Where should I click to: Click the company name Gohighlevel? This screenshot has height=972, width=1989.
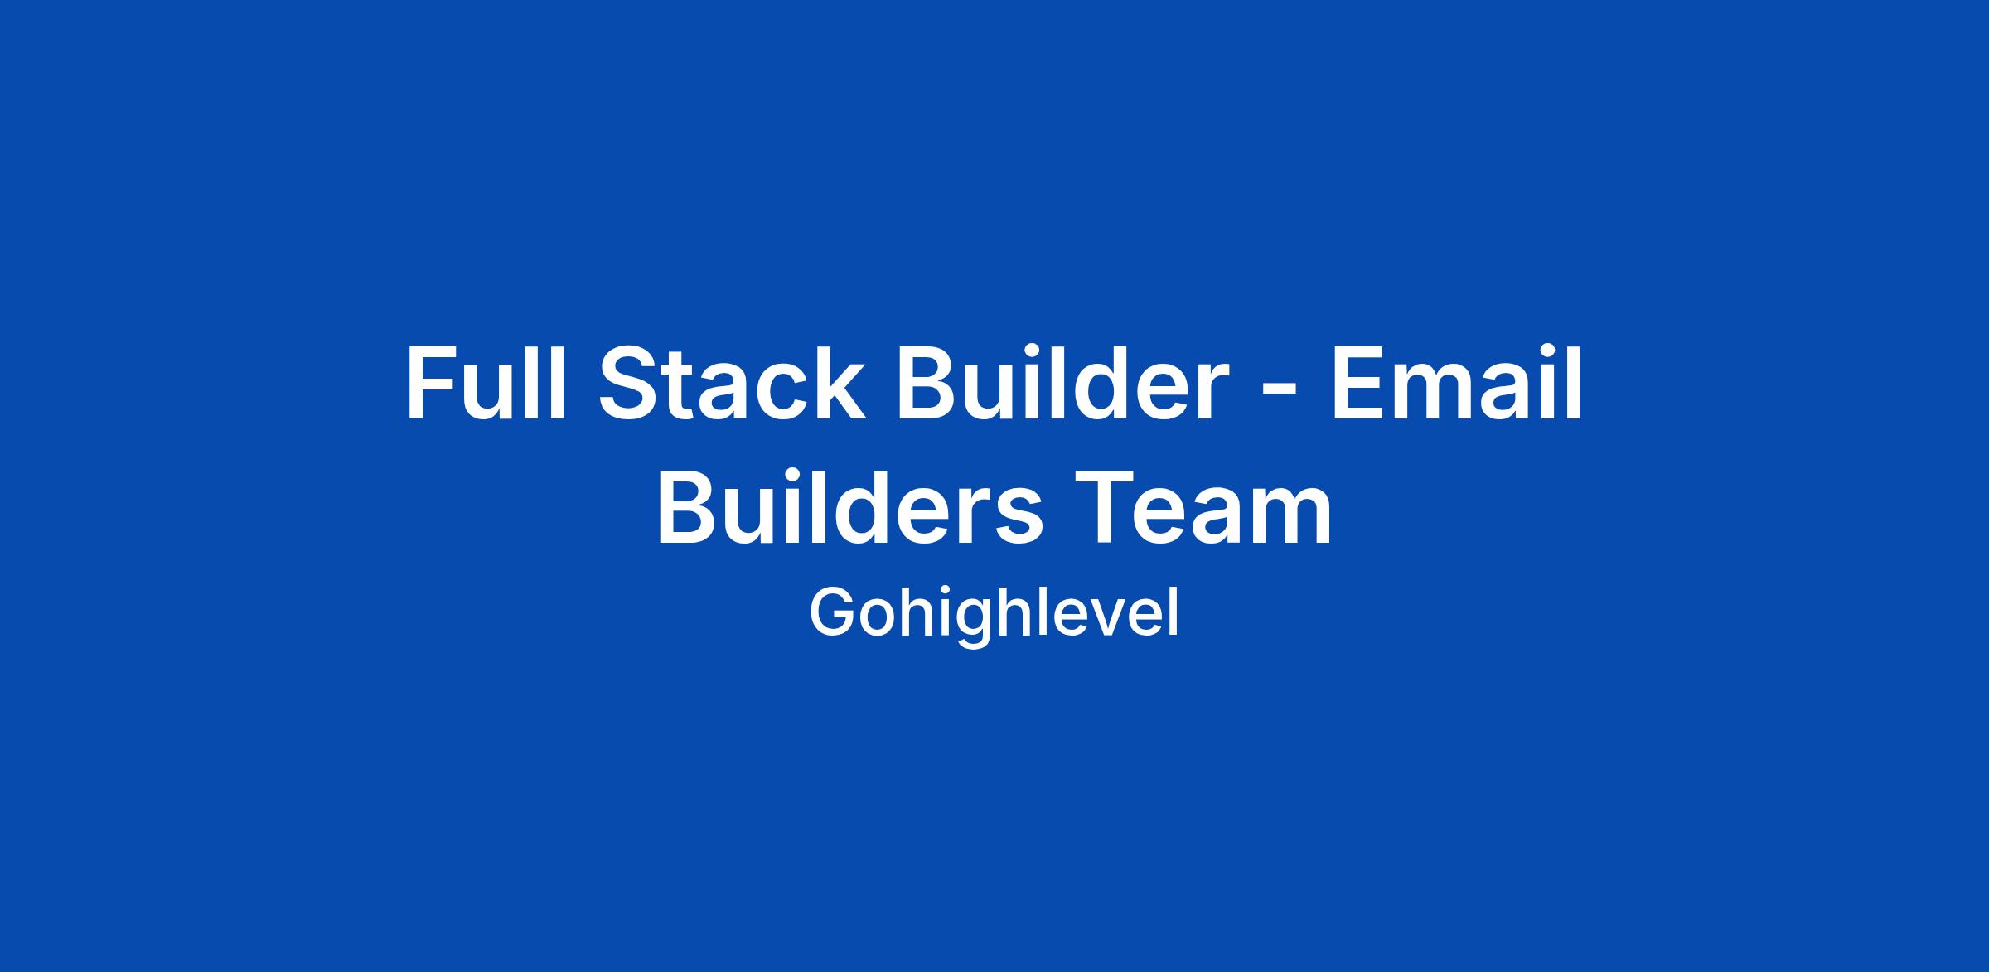tap(994, 614)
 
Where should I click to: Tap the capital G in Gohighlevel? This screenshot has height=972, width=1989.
tap(833, 612)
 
